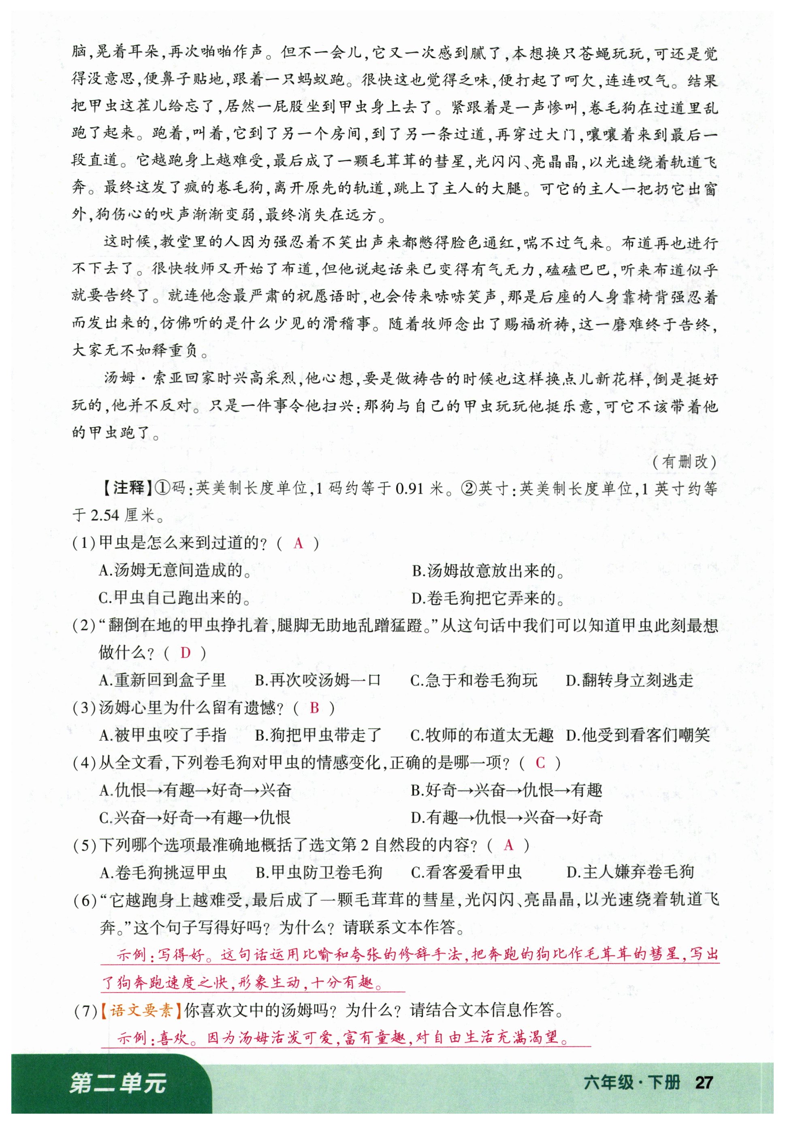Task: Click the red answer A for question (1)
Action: tap(299, 543)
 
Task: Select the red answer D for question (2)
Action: tap(185, 653)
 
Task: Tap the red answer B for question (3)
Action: tap(315, 707)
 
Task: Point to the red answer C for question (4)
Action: tap(540, 763)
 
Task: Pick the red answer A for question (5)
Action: tap(509, 845)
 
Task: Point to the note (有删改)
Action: tap(685, 462)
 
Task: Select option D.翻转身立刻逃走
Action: tap(630, 680)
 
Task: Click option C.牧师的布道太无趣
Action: tap(482, 735)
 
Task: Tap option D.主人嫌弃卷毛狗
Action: tap(630, 872)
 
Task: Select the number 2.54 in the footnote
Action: tap(105, 516)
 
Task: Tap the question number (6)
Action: tap(85, 900)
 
